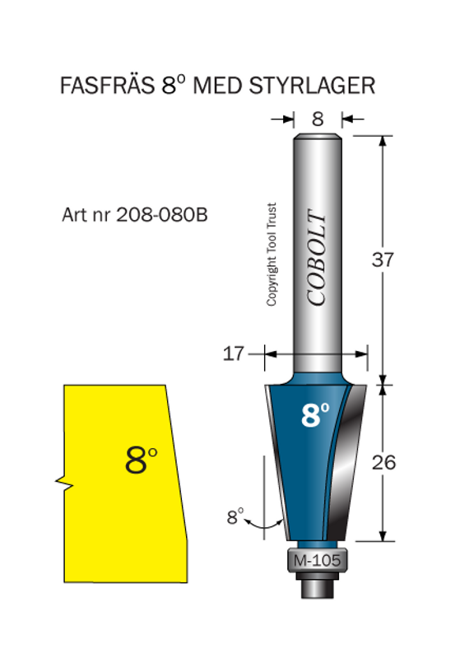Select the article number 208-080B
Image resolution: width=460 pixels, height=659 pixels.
point(161,215)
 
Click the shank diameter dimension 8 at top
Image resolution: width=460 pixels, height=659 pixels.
point(317,119)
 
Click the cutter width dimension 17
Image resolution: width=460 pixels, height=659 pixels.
point(234,354)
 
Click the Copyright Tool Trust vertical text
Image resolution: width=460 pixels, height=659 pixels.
point(271,255)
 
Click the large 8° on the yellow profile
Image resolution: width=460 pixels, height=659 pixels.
point(141,460)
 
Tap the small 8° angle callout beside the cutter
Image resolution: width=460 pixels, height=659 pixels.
point(235,517)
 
